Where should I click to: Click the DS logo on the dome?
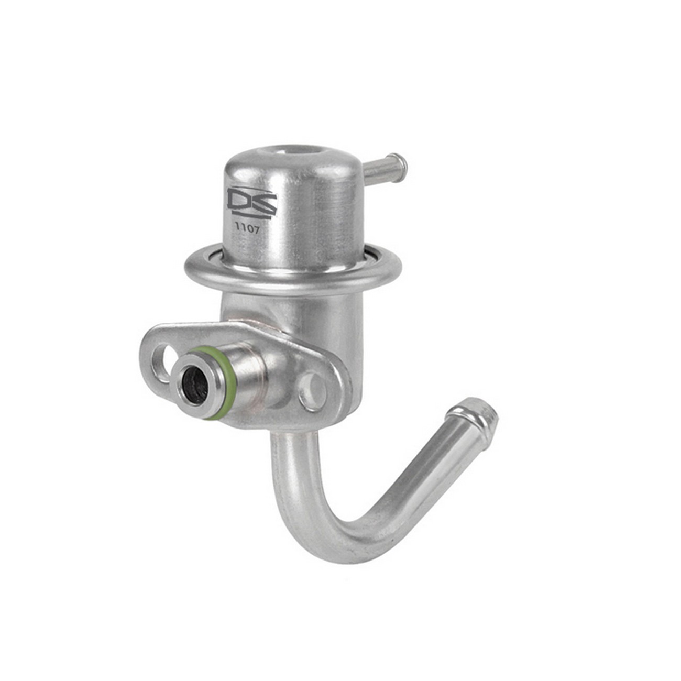(251, 204)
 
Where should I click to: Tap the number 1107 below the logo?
(248, 228)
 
